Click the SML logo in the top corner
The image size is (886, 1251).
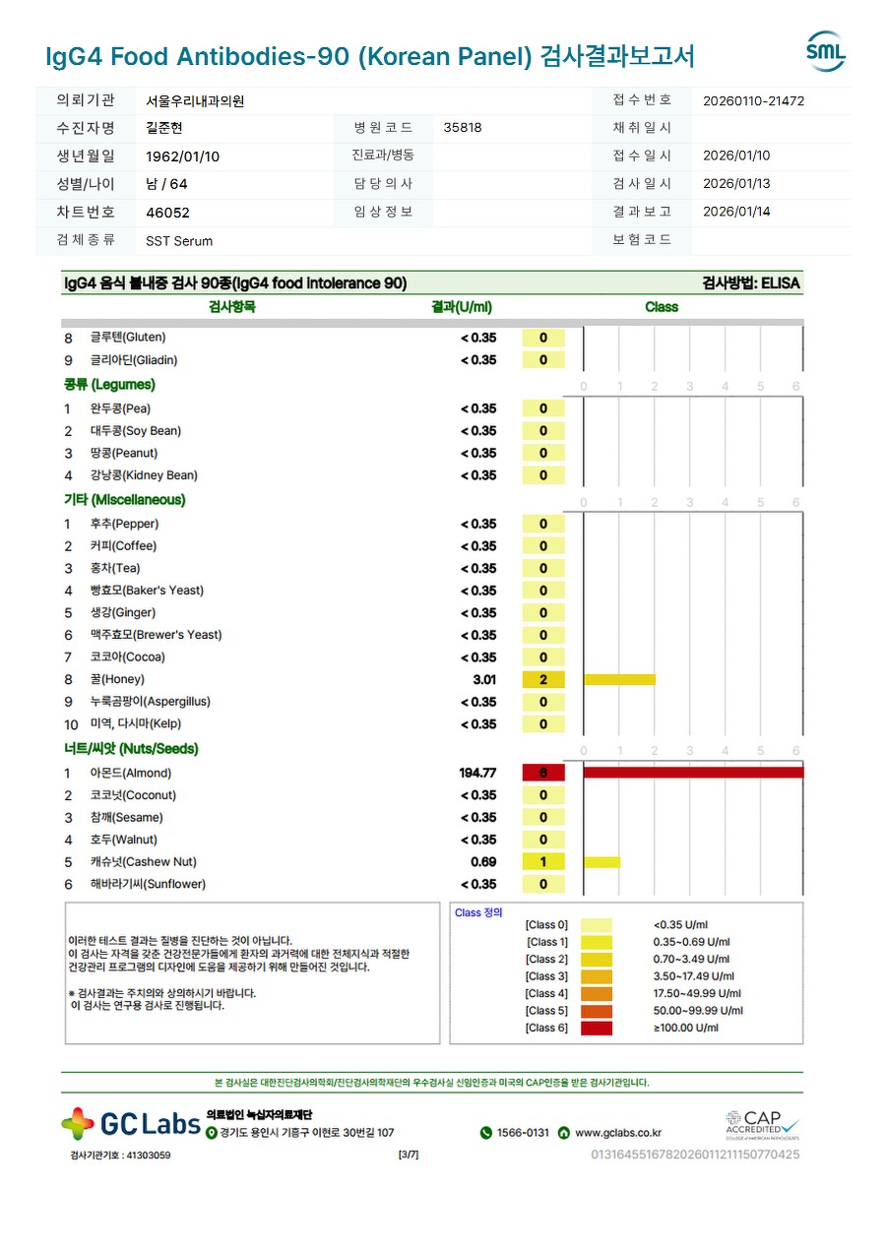pyautogui.click(x=825, y=51)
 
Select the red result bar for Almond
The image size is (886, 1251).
pyautogui.click(x=693, y=773)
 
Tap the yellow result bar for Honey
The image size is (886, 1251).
pyautogui.click(x=619, y=679)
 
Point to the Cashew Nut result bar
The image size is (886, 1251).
pyautogui.click(x=601, y=862)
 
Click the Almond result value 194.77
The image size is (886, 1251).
pyautogui.click(x=477, y=773)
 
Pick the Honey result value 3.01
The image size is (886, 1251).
pyautogui.click(x=484, y=679)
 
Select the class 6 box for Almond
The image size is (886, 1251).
pyautogui.click(x=543, y=773)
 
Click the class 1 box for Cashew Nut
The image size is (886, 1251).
pyautogui.click(x=543, y=862)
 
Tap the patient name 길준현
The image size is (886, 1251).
pyautogui.click(x=164, y=128)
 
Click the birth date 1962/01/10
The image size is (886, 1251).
pyautogui.click(x=183, y=156)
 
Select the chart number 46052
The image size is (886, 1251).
pyautogui.click(x=167, y=213)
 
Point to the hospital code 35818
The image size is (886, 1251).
pyautogui.click(x=463, y=128)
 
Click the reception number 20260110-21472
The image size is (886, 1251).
pyautogui.click(x=754, y=100)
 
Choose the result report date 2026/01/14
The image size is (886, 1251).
pyautogui.click(x=736, y=212)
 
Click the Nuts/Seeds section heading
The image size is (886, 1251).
pyautogui.click(x=131, y=749)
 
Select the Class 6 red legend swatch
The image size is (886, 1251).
pyautogui.click(x=597, y=1029)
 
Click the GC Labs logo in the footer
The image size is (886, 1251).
pyautogui.click(x=131, y=1123)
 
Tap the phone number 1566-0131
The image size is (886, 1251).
pyautogui.click(x=523, y=1133)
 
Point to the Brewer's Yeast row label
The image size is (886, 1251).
pyautogui.click(x=156, y=635)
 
